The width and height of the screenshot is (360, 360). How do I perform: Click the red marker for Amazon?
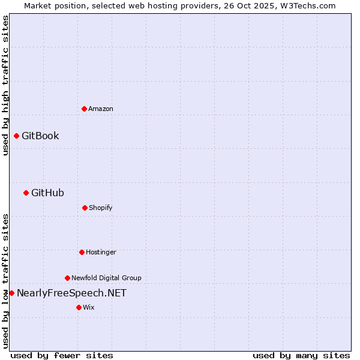pyautogui.click(x=84, y=109)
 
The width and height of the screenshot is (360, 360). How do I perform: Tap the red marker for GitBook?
pyautogui.click(x=16, y=136)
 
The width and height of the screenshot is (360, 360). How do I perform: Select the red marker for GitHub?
pyautogui.click(x=26, y=193)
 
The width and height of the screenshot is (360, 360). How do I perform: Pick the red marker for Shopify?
pyautogui.click(x=85, y=208)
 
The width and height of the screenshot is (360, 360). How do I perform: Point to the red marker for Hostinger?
pyautogui.click(x=82, y=252)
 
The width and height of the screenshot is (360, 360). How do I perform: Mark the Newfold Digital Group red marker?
pyautogui.click(x=67, y=278)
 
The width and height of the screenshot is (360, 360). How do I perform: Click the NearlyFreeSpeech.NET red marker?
pyautogui.click(x=11, y=293)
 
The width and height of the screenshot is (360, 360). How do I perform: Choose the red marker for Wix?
pyautogui.click(x=79, y=307)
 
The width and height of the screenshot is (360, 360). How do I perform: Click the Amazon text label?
pyautogui.click(x=101, y=109)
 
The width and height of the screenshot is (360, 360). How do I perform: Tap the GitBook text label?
pyautogui.click(x=40, y=136)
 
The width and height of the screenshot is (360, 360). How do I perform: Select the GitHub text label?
pyautogui.click(x=47, y=193)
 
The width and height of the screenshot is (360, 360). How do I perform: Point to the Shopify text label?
pyautogui.click(x=101, y=208)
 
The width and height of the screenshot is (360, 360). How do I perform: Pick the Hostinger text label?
pyautogui.click(x=101, y=252)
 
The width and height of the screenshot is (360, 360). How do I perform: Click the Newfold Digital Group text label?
pyautogui.click(x=106, y=278)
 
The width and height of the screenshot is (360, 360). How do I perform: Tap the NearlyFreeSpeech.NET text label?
pyautogui.click(x=71, y=293)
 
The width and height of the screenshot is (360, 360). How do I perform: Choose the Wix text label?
pyautogui.click(x=89, y=307)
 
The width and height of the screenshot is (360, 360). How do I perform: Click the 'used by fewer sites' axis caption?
pyautogui.click(x=62, y=355)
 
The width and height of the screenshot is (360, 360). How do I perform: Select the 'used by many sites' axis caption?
pyautogui.click(x=301, y=355)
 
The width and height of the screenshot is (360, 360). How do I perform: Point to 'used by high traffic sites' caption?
pyautogui.click(x=5, y=85)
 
